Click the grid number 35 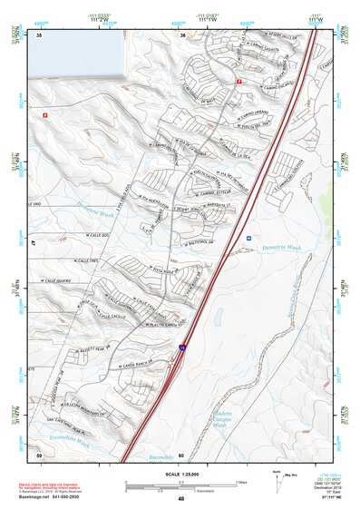pyautogui.click(x=40, y=34)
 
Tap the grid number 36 pyautogui.click(x=182, y=34)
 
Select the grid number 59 pyautogui.click(x=39, y=454)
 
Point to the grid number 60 pyautogui.click(x=181, y=455)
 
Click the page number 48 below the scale pyautogui.click(x=180, y=499)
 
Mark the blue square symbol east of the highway pyautogui.click(x=248, y=239)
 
